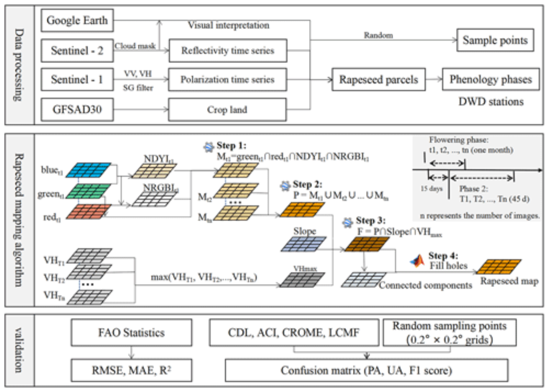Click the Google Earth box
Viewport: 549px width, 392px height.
(x=77, y=21)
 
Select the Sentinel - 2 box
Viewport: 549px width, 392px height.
(x=77, y=51)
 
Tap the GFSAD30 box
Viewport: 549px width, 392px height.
(x=77, y=110)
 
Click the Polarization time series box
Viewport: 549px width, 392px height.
(x=228, y=80)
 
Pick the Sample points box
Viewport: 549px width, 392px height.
(x=495, y=40)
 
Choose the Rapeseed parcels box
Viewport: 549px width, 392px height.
(x=378, y=80)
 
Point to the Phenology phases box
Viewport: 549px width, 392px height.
(x=491, y=79)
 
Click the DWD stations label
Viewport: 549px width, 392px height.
(x=491, y=102)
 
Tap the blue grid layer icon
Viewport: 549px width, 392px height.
(x=88, y=170)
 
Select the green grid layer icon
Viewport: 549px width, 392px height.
(x=88, y=191)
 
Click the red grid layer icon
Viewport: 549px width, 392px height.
(x=88, y=212)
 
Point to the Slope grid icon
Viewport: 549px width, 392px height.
(x=303, y=244)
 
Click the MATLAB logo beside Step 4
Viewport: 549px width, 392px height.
(x=418, y=261)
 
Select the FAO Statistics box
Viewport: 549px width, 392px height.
(x=131, y=333)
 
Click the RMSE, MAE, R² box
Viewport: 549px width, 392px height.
(x=131, y=370)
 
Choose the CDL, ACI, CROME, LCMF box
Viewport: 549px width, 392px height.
(x=294, y=333)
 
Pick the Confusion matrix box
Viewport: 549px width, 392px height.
(x=366, y=370)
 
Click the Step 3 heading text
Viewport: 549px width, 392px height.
(x=371, y=221)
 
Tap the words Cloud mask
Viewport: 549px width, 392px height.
(x=135, y=46)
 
